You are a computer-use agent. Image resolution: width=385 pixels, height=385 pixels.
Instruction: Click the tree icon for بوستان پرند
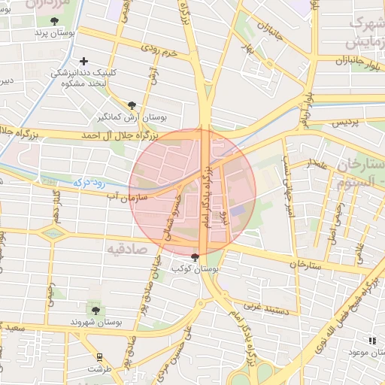[x=55, y=21]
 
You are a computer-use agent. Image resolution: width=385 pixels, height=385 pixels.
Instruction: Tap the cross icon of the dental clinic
[x=83, y=60]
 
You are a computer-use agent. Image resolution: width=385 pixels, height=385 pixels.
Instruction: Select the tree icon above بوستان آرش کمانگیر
[x=132, y=106]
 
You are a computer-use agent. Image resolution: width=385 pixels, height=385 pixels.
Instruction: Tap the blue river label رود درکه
[x=89, y=181]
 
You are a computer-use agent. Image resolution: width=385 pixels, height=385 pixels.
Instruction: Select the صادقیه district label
[x=124, y=248]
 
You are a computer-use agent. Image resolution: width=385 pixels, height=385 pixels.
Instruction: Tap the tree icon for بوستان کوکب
[x=196, y=257]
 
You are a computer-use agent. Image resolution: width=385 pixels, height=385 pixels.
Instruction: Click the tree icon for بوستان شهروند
[x=95, y=309]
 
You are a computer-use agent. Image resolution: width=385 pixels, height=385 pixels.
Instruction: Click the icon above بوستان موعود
[x=372, y=341]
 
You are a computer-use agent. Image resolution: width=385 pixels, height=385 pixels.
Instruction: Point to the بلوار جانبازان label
[x=345, y=60]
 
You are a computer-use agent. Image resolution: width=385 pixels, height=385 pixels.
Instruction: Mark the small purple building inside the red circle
[x=238, y=212]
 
